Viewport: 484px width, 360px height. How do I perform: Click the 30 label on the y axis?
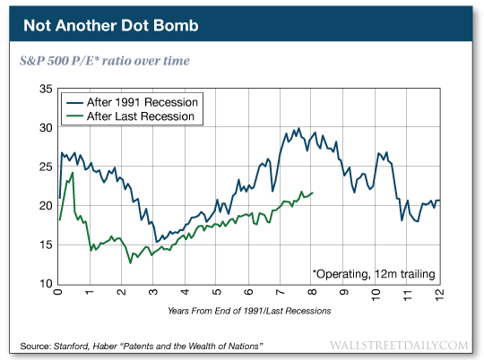43,129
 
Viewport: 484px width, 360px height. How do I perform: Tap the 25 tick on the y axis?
43,167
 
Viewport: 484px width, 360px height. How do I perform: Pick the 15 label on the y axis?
43,245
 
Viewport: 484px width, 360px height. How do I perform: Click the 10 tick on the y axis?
43,284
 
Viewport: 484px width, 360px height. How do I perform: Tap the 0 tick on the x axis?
57,294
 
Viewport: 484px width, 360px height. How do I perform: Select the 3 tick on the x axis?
152,294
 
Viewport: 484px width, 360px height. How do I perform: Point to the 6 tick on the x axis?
247,294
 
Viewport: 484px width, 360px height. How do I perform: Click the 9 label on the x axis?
343,294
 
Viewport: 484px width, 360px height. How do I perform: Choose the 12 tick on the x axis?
437,294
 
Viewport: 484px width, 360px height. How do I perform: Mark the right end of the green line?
312,193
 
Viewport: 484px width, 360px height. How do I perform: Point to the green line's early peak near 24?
72,173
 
